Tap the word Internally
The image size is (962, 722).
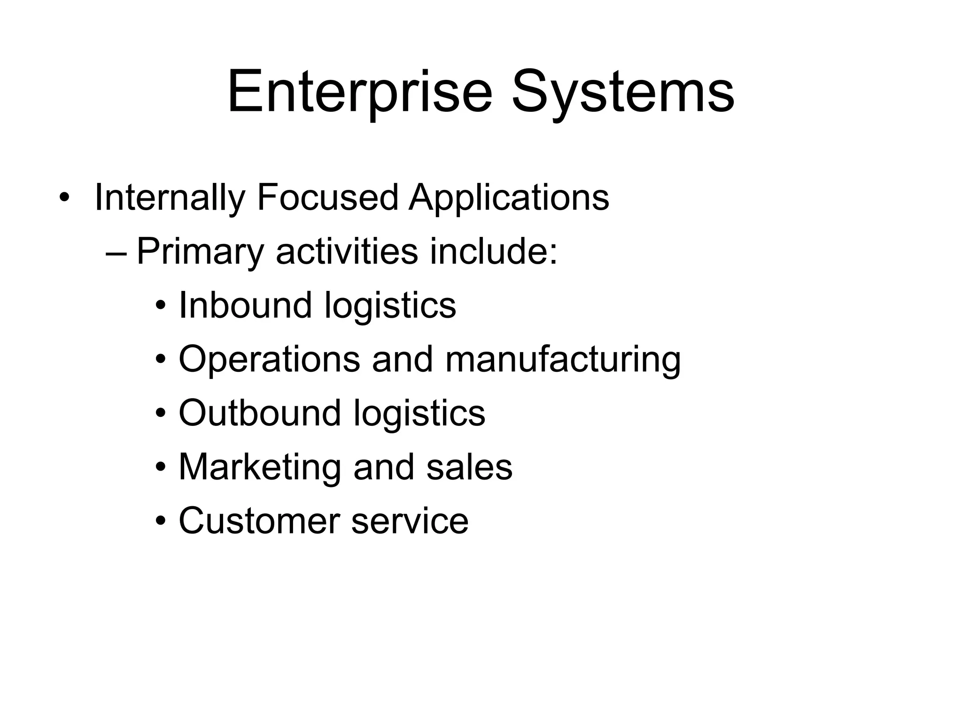click(170, 198)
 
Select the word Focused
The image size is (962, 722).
click(327, 197)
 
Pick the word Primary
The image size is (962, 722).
click(201, 252)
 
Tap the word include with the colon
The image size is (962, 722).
click(494, 251)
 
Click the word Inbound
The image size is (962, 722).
click(245, 305)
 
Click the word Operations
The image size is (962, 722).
click(269, 360)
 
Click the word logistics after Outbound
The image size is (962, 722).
click(419, 414)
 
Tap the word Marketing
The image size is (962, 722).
click(260, 467)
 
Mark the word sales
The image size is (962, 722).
click(469, 467)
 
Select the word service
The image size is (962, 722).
click(410, 521)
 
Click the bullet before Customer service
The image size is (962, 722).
click(161, 522)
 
